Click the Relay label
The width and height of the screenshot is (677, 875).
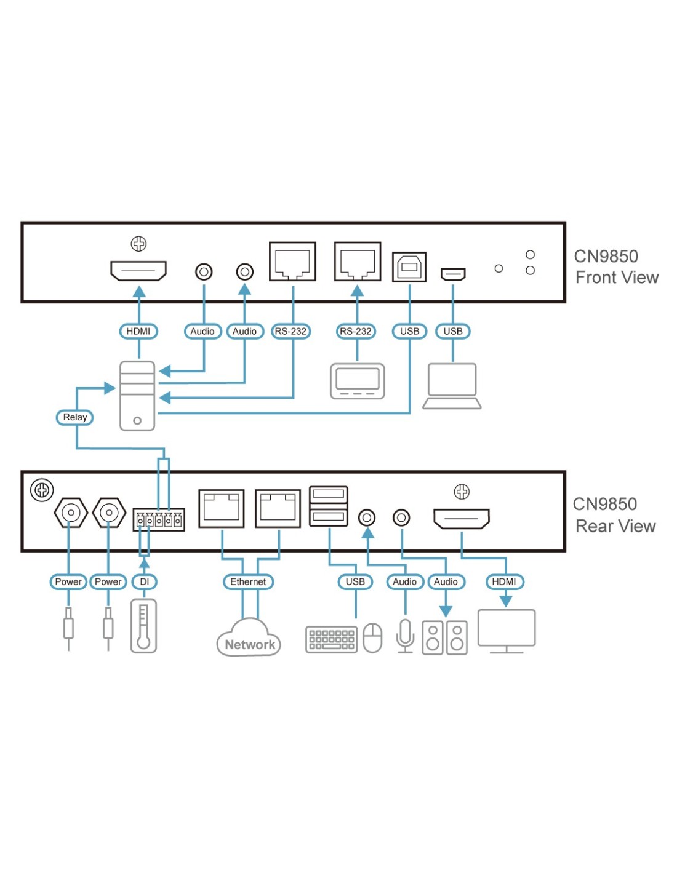tap(74, 417)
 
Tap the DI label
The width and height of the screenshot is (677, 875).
tap(144, 581)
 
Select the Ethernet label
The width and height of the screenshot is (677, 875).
tap(248, 581)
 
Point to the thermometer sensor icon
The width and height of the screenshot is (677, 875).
tap(143, 626)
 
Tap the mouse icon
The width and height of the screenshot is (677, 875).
tap(372, 638)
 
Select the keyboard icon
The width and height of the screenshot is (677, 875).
tap(331, 639)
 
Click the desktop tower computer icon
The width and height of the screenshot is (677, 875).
tap(137, 395)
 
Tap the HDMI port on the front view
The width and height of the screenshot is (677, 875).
tap(138, 271)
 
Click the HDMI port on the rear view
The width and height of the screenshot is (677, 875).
tap(462, 519)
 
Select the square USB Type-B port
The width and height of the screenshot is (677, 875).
tap(409, 267)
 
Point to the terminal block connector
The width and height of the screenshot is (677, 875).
tap(159, 520)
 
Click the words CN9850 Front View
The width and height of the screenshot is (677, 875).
tap(615, 267)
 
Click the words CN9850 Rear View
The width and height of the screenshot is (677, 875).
tap(614, 515)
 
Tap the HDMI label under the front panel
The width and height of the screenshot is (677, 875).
tap(138, 331)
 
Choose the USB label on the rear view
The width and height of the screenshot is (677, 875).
tap(355, 581)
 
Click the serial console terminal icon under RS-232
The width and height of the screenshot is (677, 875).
tap(358, 381)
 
